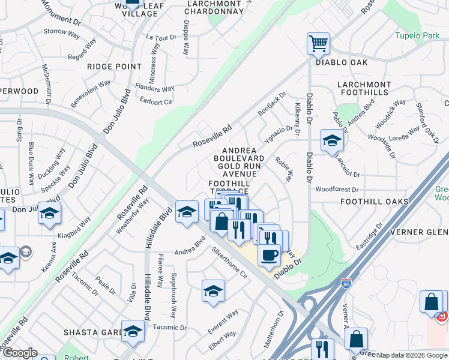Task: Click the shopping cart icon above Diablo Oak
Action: coord(318,43)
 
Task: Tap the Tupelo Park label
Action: coord(417,35)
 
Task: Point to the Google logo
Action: coord(19,353)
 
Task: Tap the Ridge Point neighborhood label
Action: coord(114,67)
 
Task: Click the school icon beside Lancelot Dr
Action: coord(331,141)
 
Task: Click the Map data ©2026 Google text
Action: coord(412,355)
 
